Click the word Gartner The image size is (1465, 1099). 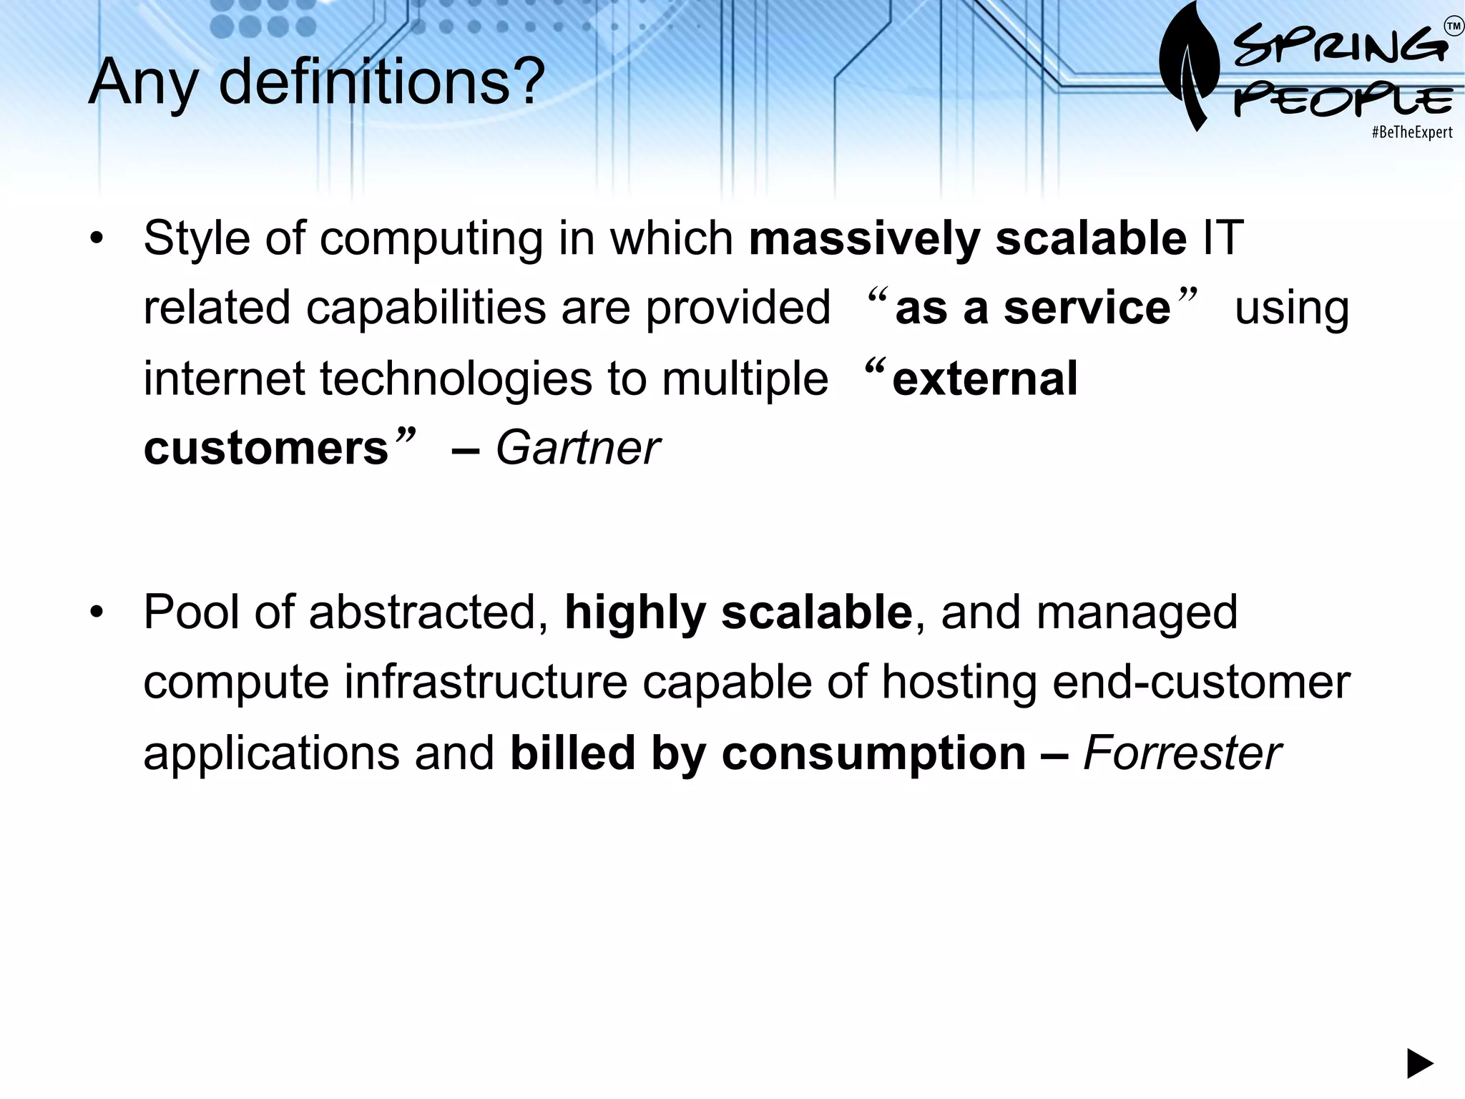click(577, 449)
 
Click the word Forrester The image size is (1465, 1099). click(1182, 753)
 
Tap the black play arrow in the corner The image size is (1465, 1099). click(1420, 1063)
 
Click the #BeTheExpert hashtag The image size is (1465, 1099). click(1412, 132)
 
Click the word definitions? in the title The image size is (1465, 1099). click(382, 82)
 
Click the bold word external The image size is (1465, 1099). click(984, 378)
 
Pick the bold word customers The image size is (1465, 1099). click(265, 449)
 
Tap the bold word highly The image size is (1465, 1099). click(634, 614)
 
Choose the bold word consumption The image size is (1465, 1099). click(873, 753)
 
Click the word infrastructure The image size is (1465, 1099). click(486, 683)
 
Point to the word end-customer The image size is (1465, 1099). click(1201, 683)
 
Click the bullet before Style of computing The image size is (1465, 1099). click(97, 239)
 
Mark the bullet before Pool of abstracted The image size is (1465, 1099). click(97, 613)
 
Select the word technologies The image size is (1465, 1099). click(455, 378)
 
